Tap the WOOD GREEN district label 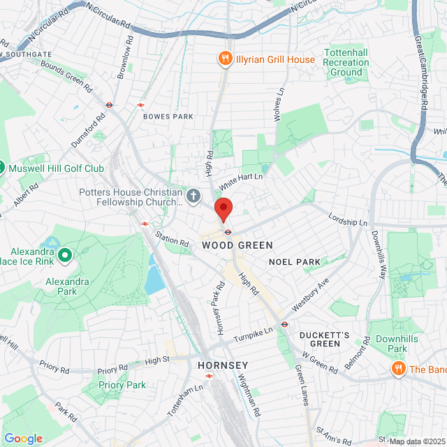(228, 245)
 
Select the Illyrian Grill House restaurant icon (226, 59)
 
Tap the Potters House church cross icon (194, 195)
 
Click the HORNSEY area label (223, 365)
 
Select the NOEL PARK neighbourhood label (294, 262)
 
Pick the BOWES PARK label (168, 117)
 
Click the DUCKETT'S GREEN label (324, 339)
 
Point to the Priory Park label (122, 385)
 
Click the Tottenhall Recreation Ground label (346, 63)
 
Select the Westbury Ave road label (310, 296)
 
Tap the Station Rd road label (172, 238)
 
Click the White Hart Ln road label (240, 182)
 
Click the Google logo (23, 439)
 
